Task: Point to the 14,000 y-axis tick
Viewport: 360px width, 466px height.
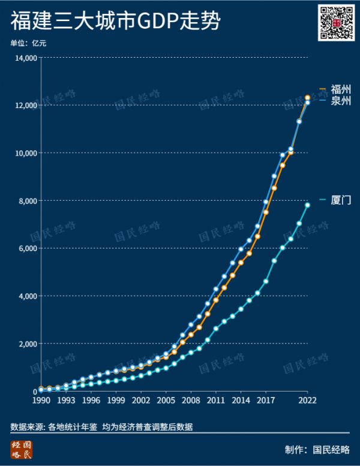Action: point(26,58)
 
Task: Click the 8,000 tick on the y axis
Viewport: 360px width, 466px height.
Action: point(28,201)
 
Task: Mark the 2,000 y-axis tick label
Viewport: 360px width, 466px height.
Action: point(28,343)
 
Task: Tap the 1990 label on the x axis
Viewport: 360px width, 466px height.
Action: point(41,400)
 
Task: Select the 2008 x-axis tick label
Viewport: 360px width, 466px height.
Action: point(191,400)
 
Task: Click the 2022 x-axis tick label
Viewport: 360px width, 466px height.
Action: point(307,400)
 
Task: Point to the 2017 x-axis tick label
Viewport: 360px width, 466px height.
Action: point(266,400)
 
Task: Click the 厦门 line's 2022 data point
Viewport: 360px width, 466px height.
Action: point(307,205)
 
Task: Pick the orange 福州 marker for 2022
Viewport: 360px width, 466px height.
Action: point(307,97)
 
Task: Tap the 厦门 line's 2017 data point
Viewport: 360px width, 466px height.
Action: point(266,281)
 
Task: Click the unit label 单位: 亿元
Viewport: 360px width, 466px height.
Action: point(28,43)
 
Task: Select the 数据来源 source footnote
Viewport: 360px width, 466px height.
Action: point(101,427)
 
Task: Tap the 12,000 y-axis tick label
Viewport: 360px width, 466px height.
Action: point(26,105)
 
